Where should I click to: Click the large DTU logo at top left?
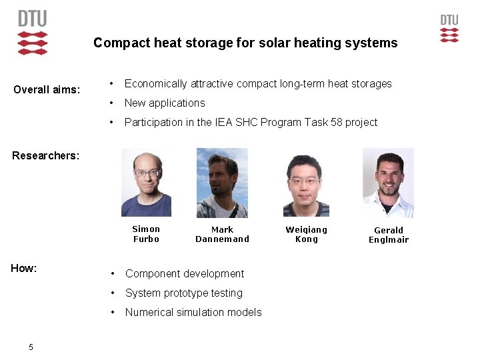pos(33,32)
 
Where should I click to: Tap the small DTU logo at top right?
pos(449,29)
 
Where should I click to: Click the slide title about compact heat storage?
pos(245,43)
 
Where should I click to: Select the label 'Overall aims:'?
pos(47,89)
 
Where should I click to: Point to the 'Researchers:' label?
pos(45,155)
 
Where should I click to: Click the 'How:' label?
pos(24,268)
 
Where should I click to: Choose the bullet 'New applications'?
pos(165,103)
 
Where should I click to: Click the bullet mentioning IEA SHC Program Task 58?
pos(251,122)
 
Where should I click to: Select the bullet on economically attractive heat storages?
pos(258,83)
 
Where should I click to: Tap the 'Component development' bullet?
pos(185,273)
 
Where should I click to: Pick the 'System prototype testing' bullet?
pos(184,293)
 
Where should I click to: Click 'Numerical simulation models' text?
pos(193,312)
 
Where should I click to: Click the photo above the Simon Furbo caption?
pos(146,183)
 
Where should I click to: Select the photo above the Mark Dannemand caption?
pos(222,183)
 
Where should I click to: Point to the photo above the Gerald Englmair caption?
pos(388,183)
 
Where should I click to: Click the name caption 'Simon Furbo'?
pos(146,234)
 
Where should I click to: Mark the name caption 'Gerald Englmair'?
pos(389,235)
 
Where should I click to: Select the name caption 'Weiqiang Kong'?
pos(307,234)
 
